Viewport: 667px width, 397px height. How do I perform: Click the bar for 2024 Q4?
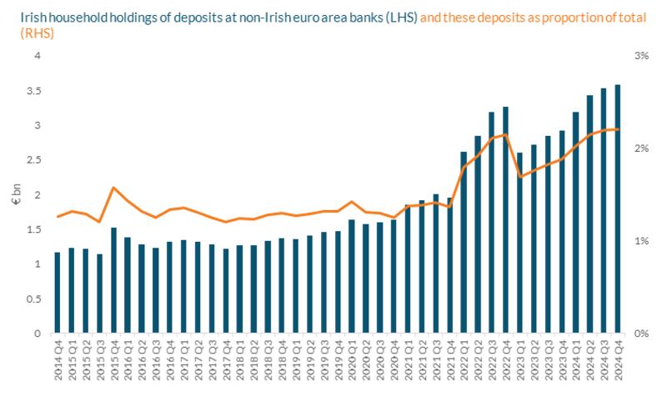coord(618,209)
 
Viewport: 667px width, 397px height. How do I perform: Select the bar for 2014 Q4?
coord(58,293)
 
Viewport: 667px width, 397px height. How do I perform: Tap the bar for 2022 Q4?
coord(505,220)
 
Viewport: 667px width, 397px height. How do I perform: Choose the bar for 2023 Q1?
coord(519,243)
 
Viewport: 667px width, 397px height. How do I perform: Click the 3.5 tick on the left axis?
coord(34,91)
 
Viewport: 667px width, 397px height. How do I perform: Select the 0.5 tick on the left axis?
coord(34,299)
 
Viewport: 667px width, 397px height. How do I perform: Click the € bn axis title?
coord(16,194)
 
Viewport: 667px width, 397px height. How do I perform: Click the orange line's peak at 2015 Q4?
coord(113,188)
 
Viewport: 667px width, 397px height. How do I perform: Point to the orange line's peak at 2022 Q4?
coord(505,134)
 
